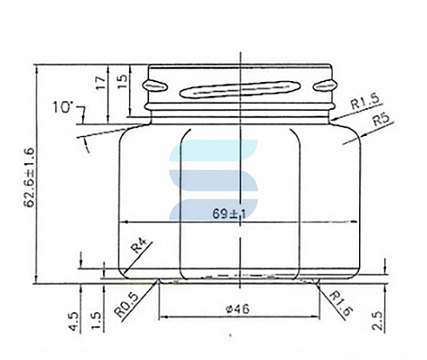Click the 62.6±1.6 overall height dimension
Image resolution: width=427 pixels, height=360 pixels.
[30, 178]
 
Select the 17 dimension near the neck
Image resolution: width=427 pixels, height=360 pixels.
[101, 83]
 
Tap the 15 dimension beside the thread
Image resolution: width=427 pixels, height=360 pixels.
[123, 82]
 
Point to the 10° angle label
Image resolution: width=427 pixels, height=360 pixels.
[62, 107]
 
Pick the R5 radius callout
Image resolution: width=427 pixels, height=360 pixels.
[381, 119]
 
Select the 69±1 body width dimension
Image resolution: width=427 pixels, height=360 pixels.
[228, 214]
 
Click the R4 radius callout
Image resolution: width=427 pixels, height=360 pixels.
[139, 245]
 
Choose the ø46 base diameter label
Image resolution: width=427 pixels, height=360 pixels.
[238, 309]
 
